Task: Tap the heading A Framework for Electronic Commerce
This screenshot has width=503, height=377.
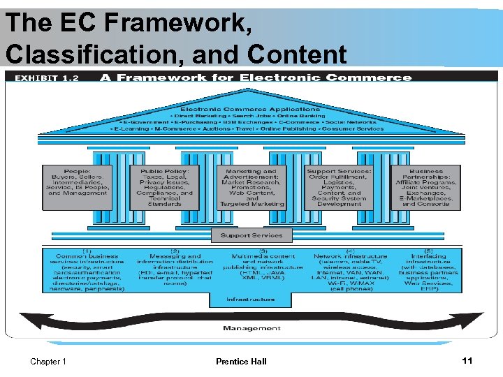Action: tap(256, 77)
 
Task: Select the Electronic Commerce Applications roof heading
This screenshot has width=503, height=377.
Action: tap(250, 109)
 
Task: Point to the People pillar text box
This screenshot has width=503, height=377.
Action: tap(77, 182)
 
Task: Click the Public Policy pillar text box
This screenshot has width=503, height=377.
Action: tap(166, 186)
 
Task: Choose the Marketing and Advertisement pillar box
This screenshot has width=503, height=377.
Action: tap(251, 187)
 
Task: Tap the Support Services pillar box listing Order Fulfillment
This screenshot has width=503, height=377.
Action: tap(339, 187)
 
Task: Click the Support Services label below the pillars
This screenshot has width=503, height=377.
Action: tap(251, 235)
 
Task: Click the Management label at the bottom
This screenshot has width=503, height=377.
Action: tap(252, 328)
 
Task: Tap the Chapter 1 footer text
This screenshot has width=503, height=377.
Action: tap(48, 362)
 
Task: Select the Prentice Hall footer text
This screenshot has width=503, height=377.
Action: tap(241, 362)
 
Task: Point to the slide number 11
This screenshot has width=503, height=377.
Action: tap(467, 360)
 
